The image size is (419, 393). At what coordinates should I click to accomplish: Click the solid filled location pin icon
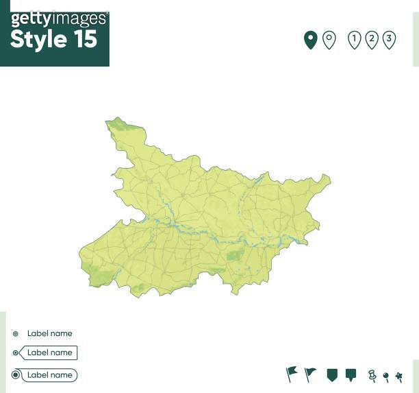tap(310, 40)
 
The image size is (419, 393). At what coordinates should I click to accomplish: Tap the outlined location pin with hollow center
tap(329, 40)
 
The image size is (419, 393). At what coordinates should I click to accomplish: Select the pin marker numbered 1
tap(354, 39)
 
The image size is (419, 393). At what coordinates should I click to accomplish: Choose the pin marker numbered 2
tap(372, 39)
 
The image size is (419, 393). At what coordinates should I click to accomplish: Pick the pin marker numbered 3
tap(389, 39)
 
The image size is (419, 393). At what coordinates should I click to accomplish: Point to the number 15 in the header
tap(84, 40)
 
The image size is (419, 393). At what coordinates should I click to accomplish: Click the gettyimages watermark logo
tap(58, 19)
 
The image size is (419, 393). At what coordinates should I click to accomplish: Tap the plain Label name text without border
tap(49, 333)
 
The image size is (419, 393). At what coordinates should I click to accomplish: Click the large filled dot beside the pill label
tap(16, 375)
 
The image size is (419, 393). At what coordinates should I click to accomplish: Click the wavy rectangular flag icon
tap(292, 374)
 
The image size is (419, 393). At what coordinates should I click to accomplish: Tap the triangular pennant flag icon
tap(310, 374)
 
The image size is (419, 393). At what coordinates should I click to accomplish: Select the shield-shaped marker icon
tap(332, 374)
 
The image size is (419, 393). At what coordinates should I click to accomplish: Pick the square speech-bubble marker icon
tap(351, 374)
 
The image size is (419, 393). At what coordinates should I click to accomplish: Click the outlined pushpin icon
tap(372, 375)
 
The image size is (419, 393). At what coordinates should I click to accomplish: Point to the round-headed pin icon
tap(386, 377)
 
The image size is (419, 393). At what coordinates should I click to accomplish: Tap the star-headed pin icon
tap(398, 377)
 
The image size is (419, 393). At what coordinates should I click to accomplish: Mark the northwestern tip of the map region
tap(107, 122)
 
